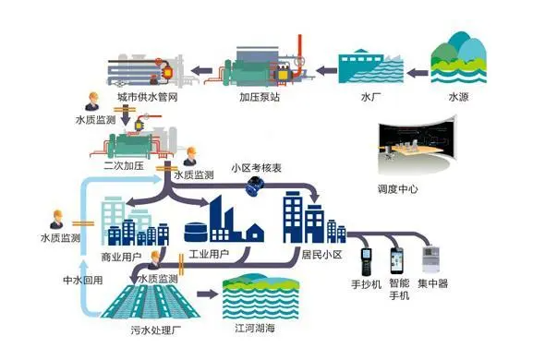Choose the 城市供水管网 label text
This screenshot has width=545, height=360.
point(145,96)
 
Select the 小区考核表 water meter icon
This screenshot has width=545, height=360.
point(251,186)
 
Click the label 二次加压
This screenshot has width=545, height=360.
point(127,166)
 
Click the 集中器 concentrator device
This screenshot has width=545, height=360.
point(431,261)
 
